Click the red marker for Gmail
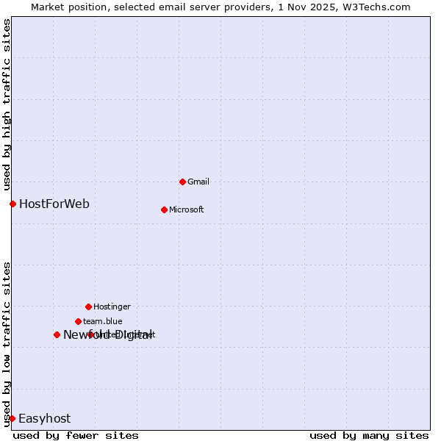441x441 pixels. (x=182, y=182)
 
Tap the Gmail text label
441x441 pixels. (x=198, y=182)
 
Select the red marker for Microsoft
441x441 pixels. (x=164, y=209)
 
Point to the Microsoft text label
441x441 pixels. (x=186, y=209)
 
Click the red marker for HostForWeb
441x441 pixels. (x=12, y=204)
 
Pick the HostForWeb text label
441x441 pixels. (x=54, y=204)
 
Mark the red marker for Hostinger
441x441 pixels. (x=88, y=306)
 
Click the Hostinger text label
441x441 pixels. (x=112, y=306)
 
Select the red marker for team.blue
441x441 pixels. (x=78, y=321)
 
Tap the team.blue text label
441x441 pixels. (x=103, y=321)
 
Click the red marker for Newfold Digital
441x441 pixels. (x=57, y=334)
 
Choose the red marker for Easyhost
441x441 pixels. (x=12, y=418)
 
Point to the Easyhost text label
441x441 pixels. (x=44, y=418)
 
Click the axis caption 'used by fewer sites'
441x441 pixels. (x=76, y=435)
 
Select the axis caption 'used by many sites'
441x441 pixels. (x=369, y=435)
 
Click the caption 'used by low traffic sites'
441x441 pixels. (x=7, y=344)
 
